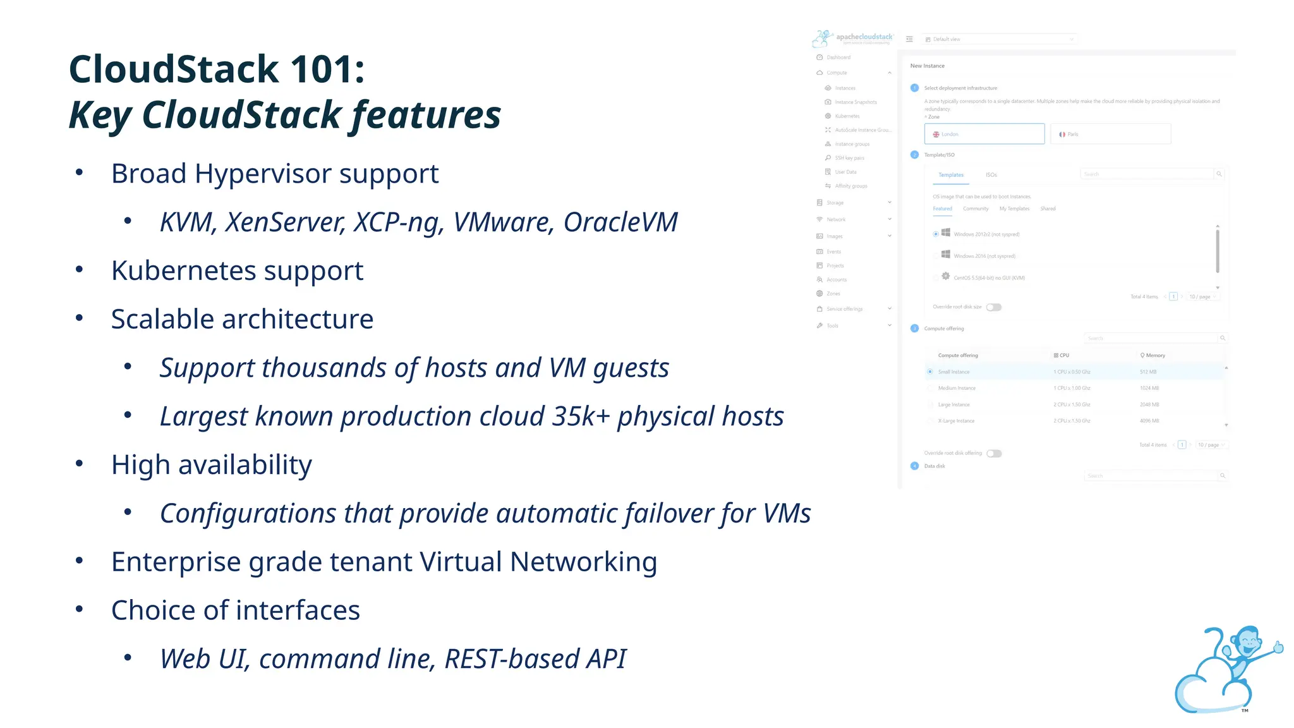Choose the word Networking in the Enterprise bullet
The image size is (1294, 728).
[x=583, y=562]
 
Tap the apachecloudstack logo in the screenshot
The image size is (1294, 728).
[x=853, y=38]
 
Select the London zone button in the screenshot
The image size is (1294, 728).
[x=984, y=134]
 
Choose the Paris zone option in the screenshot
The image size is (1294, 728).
[x=1110, y=134]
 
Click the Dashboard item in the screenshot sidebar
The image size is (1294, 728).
[x=838, y=58]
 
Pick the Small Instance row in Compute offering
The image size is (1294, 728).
[x=953, y=372]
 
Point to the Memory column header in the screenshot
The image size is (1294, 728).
[x=1154, y=355]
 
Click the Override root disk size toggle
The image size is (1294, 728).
[x=994, y=307]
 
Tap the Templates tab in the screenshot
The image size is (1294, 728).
[x=950, y=175]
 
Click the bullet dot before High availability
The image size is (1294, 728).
[x=79, y=464]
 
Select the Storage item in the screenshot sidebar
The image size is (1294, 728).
[x=835, y=203]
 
